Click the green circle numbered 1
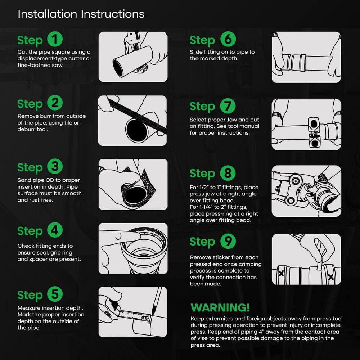[x=55, y=39]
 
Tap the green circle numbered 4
[x=55, y=230]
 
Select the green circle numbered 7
[x=228, y=106]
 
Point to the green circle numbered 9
[x=228, y=241]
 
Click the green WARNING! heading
[x=220, y=308]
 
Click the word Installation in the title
[x=47, y=14]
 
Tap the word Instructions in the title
[x=113, y=14]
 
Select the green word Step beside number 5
[x=30, y=296]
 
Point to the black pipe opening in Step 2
[x=137, y=130]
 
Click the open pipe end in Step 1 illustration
[x=118, y=68]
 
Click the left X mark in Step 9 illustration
[x=281, y=273]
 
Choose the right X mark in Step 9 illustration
[x=330, y=277]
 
